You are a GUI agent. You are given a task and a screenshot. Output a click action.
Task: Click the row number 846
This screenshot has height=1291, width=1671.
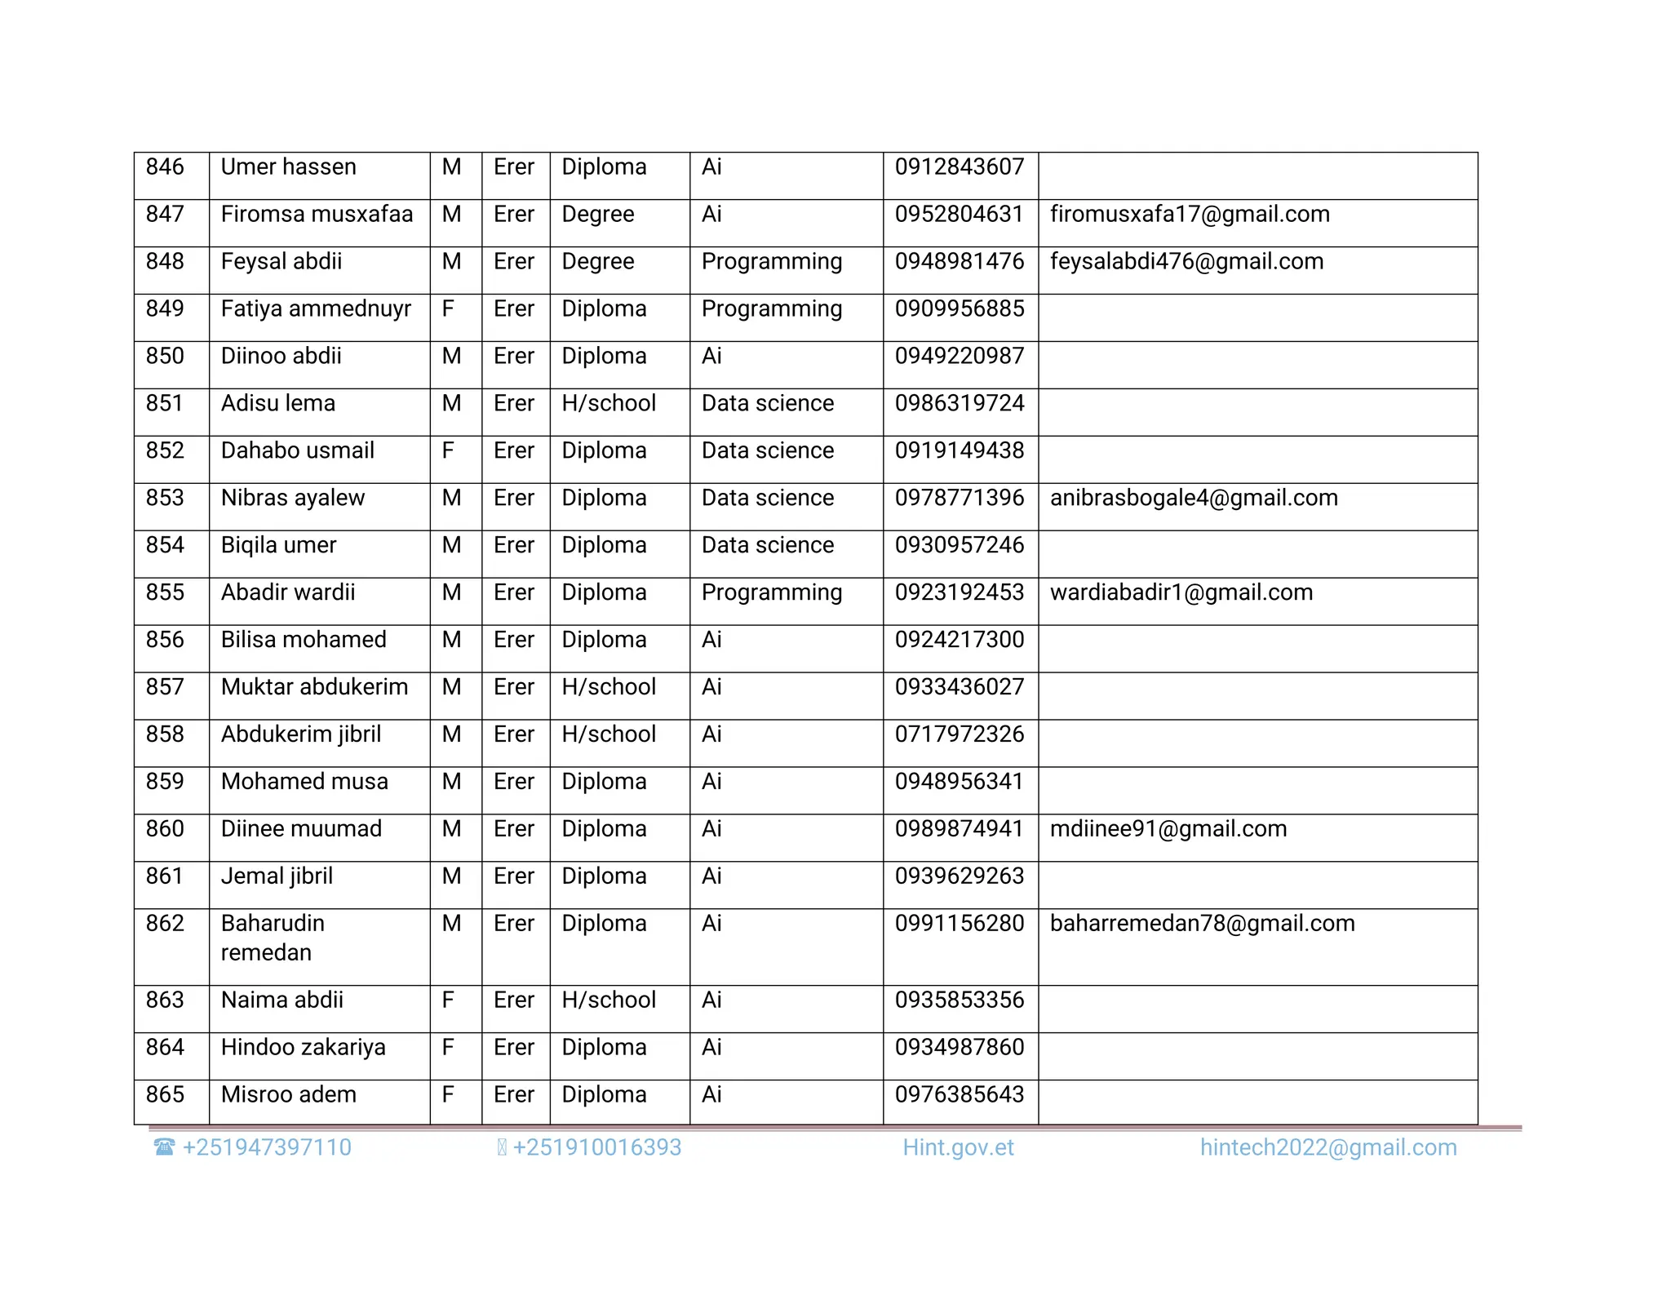click(165, 167)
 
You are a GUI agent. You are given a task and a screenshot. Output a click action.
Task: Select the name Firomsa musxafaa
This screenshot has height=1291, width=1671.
click(317, 215)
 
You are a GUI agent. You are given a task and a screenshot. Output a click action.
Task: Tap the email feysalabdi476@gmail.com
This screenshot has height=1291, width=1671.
click(1186, 262)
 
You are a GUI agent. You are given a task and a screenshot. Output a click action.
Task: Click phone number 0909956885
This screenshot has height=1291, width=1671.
click(959, 309)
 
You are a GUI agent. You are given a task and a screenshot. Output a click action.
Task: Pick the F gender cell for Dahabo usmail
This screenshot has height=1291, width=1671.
click(448, 451)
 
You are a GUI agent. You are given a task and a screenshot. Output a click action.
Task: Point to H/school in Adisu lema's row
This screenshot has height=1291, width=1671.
click(609, 404)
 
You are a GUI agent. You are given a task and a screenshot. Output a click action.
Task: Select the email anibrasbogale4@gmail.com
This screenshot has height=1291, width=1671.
click(1194, 499)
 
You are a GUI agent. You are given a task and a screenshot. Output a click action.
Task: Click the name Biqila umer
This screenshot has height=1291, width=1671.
click(278, 546)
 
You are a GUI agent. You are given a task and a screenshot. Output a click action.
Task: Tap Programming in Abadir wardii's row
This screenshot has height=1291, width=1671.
click(771, 593)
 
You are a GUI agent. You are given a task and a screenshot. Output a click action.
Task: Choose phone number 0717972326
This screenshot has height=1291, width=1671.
click(959, 735)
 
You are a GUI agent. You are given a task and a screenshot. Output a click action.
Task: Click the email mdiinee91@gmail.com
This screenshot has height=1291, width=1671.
click(1168, 830)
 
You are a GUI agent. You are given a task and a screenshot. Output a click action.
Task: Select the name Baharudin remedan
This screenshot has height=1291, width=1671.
click(273, 938)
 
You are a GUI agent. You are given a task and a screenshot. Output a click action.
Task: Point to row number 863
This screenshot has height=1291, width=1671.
click(165, 1000)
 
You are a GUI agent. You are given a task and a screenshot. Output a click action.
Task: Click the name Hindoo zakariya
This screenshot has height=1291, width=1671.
click(303, 1048)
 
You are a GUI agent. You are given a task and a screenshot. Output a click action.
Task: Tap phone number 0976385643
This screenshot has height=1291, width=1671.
click(959, 1095)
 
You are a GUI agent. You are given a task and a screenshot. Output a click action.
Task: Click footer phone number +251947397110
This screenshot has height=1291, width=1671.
click(267, 1148)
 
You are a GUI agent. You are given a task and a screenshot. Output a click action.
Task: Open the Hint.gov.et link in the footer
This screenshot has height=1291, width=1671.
click(958, 1148)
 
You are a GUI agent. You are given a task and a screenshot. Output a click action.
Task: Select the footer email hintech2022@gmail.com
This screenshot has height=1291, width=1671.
click(1327, 1148)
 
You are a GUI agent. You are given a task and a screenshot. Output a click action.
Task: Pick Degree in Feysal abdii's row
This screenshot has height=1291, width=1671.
click(597, 262)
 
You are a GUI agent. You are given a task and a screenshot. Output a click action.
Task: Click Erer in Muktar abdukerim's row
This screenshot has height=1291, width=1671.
click(513, 688)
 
